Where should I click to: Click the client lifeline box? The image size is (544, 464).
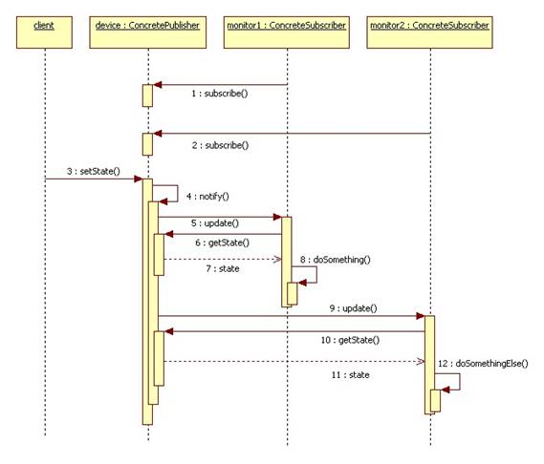pos(44,32)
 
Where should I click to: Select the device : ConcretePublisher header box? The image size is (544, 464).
pos(148,32)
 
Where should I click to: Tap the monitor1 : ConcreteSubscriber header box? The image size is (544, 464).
pos(287,32)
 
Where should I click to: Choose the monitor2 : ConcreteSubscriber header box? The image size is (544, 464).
pos(430,32)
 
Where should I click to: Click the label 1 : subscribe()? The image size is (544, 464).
pos(220,94)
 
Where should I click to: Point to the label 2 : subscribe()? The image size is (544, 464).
pos(220,145)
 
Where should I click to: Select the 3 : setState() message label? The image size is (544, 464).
pos(94,171)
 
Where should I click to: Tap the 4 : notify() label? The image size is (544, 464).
pos(207,197)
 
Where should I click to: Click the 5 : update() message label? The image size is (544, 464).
pos(215,223)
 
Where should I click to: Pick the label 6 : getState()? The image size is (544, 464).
pos(222,243)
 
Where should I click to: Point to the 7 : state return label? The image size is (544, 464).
pos(223,268)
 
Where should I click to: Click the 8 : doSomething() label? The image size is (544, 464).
pos(336,260)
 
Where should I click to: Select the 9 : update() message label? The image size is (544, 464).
pos(353,308)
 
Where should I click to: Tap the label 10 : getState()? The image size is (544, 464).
pos(350,340)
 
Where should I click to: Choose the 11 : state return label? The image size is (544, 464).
pos(351,375)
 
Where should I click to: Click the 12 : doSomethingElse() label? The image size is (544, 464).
pos(483,363)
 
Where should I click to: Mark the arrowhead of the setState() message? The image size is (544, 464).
pos(139,179)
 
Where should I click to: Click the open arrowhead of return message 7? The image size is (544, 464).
pos(277,259)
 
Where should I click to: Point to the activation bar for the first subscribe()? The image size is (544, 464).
pos(147,95)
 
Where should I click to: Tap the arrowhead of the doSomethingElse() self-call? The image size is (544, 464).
pos(445,390)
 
